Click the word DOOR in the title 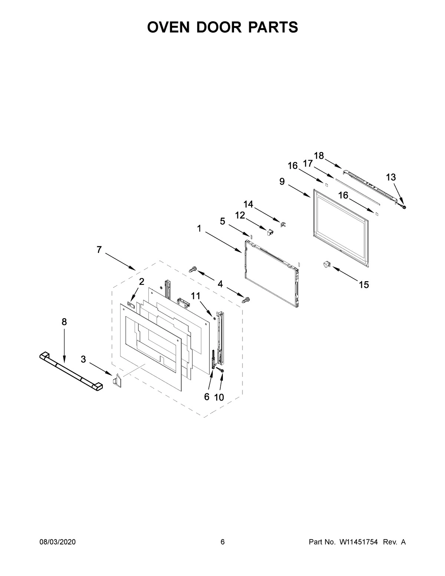click(x=222, y=27)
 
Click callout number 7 click(x=99, y=250)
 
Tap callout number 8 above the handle click(x=64, y=322)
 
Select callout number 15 click(x=364, y=284)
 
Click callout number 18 click(x=319, y=155)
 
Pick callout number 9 click(x=282, y=181)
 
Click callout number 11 click(x=195, y=296)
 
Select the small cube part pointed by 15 click(x=326, y=264)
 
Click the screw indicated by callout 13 click(x=403, y=206)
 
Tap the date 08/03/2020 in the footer click(x=57, y=542)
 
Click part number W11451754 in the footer click(x=358, y=542)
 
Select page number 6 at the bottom click(x=222, y=542)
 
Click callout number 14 click(x=248, y=204)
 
